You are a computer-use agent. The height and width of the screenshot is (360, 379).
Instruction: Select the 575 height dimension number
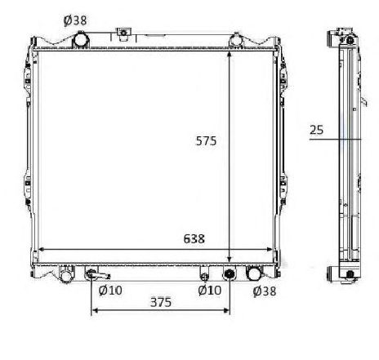point(206,141)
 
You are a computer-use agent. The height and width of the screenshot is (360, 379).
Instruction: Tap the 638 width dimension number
point(194,239)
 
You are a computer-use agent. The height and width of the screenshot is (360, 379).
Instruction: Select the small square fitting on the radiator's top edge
point(123,33)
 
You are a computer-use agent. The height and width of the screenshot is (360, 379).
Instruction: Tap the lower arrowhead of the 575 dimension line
point(230,259)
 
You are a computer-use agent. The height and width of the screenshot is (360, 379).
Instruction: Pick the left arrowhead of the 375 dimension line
point(93,311)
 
